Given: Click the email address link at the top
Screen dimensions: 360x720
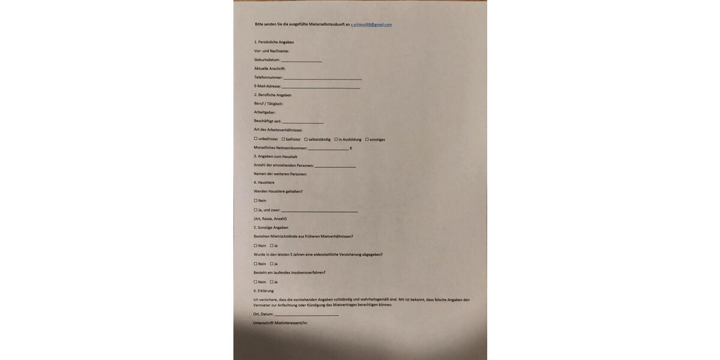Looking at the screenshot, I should [371, 25].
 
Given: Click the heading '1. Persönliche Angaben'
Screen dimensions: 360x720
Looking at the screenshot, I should [274, 42].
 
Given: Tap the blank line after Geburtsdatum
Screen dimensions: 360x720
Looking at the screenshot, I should [301, 61].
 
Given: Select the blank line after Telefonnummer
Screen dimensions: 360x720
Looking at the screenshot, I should [323, 78].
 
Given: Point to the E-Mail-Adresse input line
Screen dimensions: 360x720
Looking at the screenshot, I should [321, 87].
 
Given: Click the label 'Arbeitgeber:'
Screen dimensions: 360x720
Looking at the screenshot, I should [265, 112].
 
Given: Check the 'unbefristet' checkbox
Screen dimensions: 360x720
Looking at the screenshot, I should [256, 139].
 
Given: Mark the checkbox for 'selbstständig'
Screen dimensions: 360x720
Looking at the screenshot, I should [306, 139].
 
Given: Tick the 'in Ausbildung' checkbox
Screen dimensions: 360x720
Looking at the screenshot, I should [336, 139].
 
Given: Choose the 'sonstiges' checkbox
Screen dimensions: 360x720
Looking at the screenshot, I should [367, 139].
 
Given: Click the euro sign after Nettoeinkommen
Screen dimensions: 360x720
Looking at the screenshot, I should [351, 148].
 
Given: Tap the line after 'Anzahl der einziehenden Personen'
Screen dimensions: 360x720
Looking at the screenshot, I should [335, 166].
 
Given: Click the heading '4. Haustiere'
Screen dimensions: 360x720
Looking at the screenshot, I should [264, 182].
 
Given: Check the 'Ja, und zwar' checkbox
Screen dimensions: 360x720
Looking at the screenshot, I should [256, 210].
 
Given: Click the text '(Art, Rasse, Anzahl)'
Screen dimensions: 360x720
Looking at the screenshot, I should [270, 218].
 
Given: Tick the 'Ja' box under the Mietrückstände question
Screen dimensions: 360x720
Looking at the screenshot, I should [272, 245].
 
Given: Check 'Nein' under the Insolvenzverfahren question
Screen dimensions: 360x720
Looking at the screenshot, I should [256, 282].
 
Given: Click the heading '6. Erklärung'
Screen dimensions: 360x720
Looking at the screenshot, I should [263, 291].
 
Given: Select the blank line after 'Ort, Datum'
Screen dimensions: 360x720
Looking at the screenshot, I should [306, 314].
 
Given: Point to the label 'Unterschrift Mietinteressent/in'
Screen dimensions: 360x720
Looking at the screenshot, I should [280, 323].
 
